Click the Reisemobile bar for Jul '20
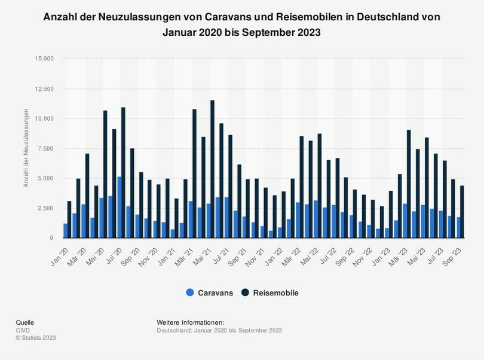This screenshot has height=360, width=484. click(123, 173)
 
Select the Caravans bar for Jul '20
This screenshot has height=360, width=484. click(119, 208)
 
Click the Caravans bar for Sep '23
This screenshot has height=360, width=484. click(459, 228)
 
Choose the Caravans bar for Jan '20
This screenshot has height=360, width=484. click(65, 231)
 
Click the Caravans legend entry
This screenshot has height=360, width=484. click(210, 293)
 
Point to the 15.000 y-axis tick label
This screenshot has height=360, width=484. click(45, 59)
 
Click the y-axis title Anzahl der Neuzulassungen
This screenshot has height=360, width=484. click(26, 148)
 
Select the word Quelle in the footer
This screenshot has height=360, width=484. click(24, 322)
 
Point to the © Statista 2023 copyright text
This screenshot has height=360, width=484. click(36, 338)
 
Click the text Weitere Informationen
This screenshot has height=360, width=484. click(190, 322)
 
